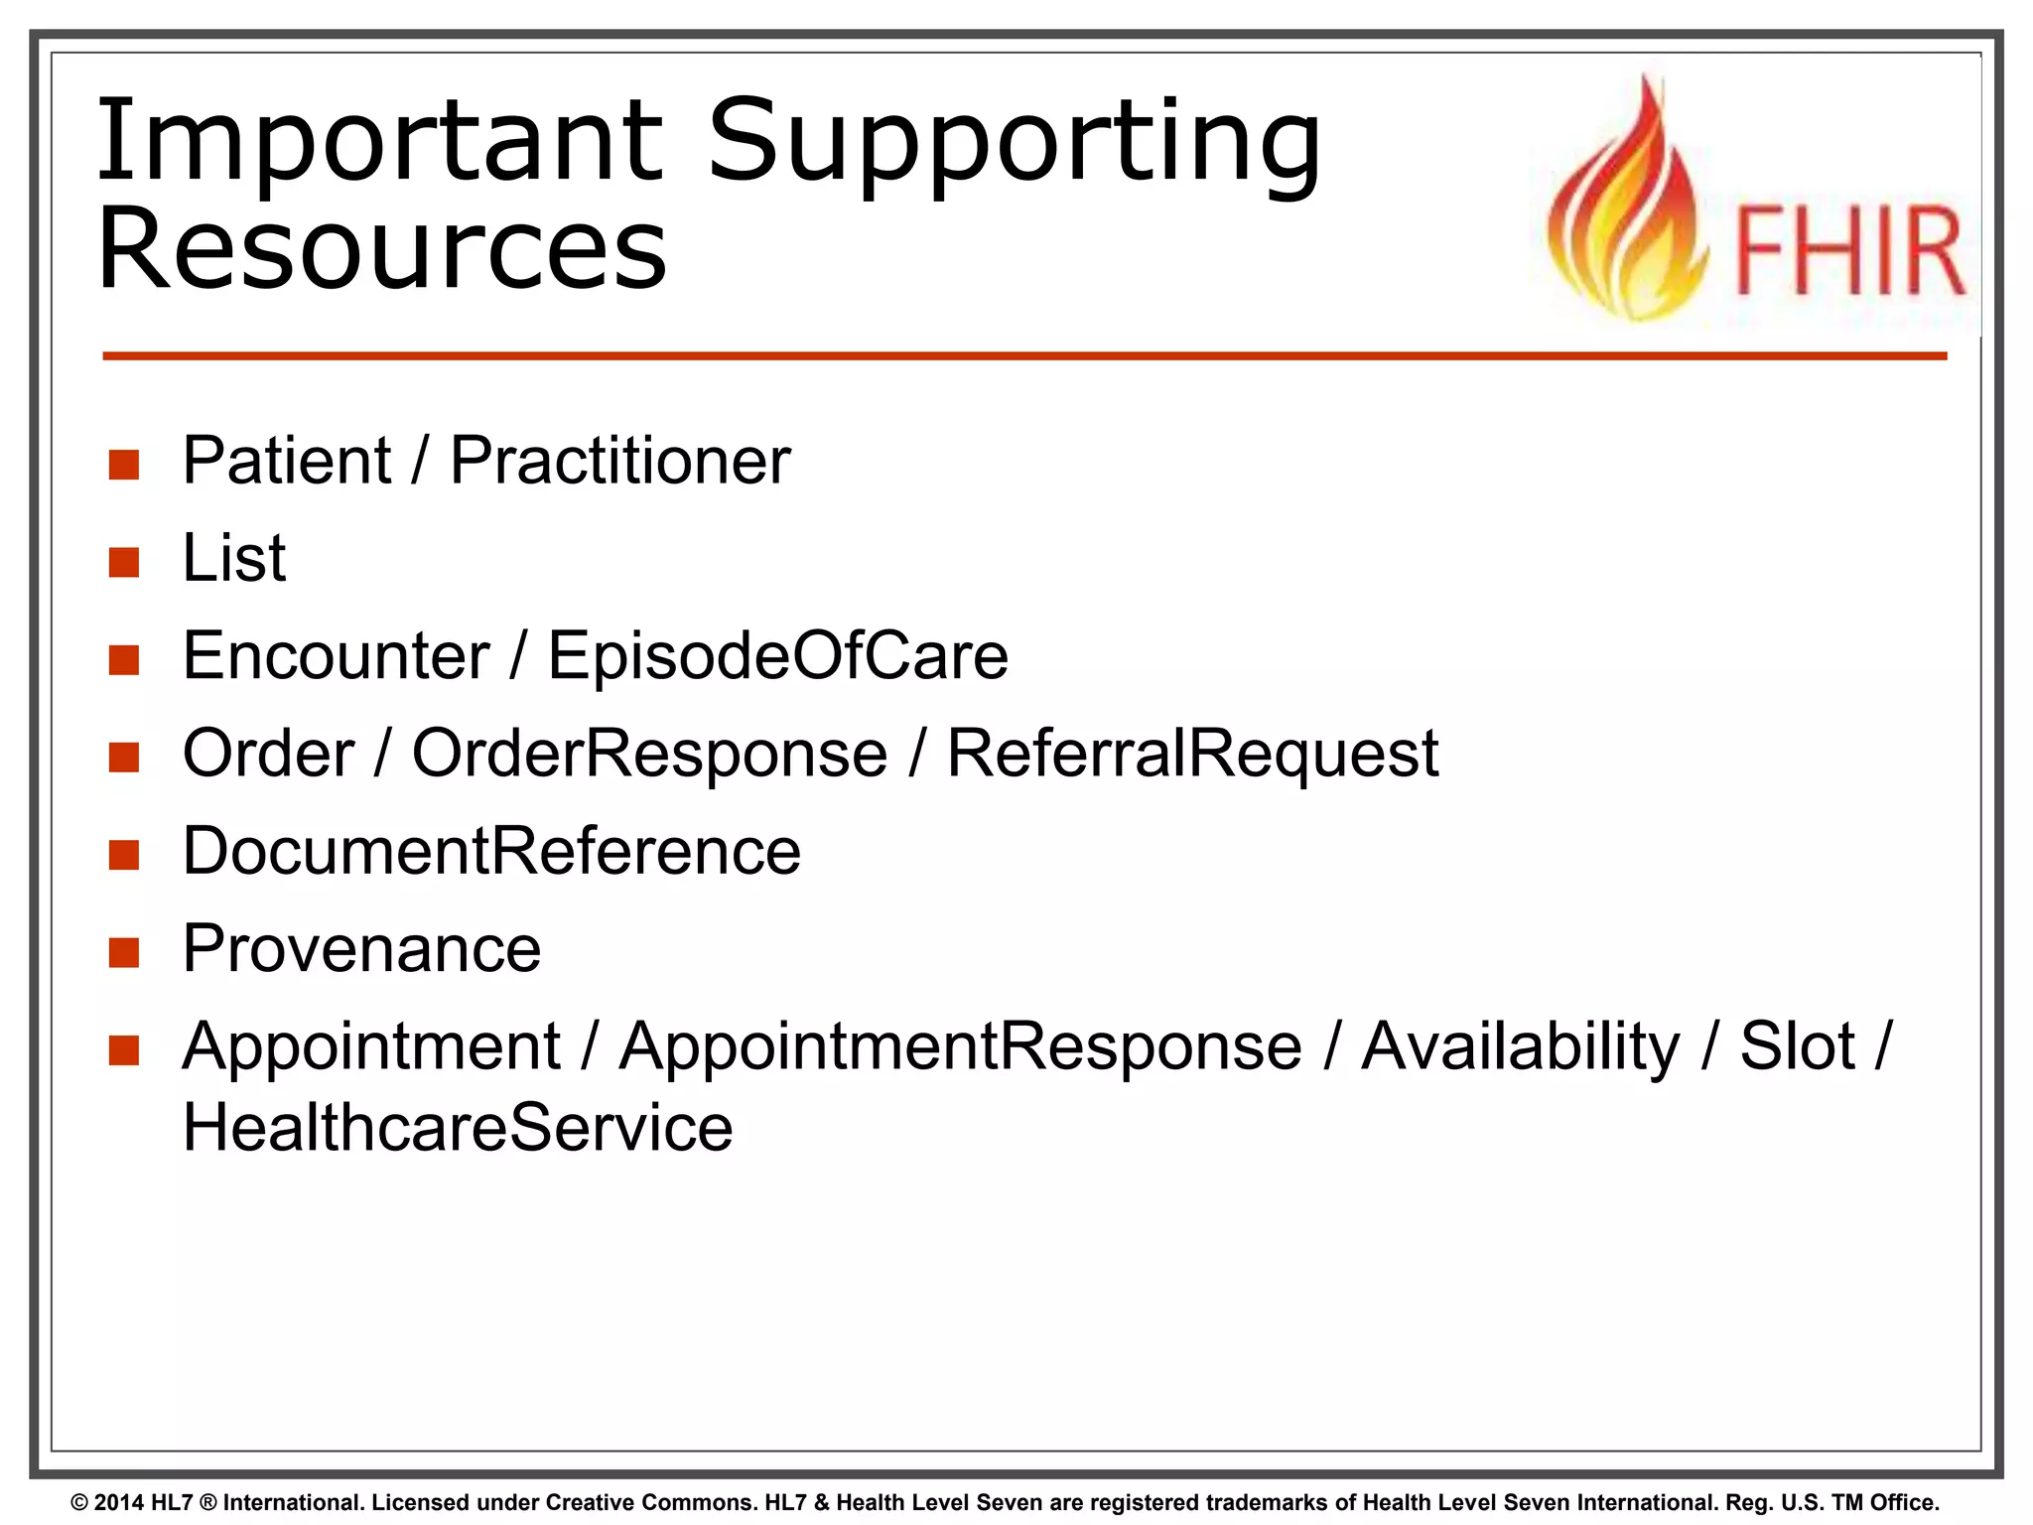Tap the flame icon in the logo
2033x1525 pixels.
(1628, 208)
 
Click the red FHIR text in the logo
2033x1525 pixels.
(1849, 252)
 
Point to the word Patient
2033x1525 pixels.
(287, 462)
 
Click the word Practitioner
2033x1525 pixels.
(619, 462)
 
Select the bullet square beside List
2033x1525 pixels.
(124, 562)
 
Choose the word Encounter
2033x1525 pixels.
(336, 656)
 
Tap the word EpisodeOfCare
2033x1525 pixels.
(777, 656)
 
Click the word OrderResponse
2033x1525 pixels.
(649, 754)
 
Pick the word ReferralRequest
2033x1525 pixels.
(1191, 754)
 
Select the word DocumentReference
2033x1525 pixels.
(491, 852)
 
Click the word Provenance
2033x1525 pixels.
(361, 949)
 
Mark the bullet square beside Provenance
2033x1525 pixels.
(124, 952)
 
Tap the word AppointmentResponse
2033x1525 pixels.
(960, 1047)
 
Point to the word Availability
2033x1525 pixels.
(1520, 1047)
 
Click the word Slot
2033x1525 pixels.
(1797, 1047)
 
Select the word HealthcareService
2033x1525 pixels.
(458, 1129)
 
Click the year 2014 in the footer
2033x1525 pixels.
(119, 1503)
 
